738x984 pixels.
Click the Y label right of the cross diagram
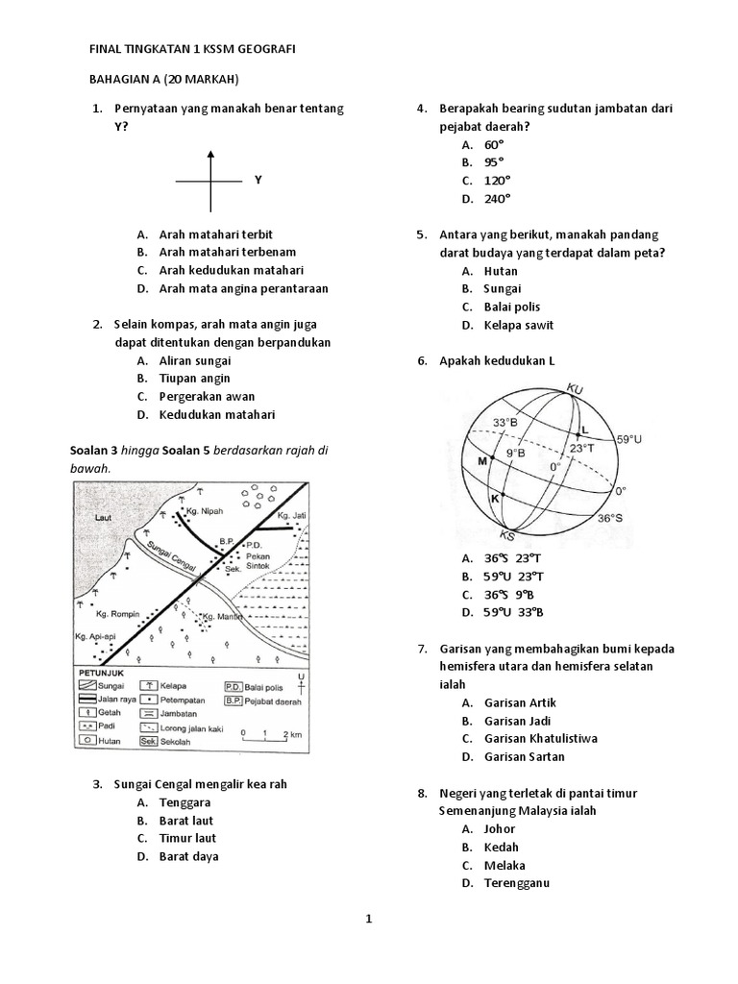pyautogui.click(x=258, y=180)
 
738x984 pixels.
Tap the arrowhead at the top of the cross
pyautogui.click(x=211, y=152)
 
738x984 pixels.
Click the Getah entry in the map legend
pyautogui.click(x=111, y=713)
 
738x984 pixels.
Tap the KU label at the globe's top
pyautogui.click(x=576, y=388)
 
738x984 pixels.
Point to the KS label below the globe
pyautogui.click(x=507, y=535)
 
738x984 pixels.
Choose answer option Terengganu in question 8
pyautogui.click(x=516, y=883)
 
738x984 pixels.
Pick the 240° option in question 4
pyautogui.click(x=497, y=198)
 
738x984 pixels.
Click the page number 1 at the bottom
pyautogui.click(x=368, y=919)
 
